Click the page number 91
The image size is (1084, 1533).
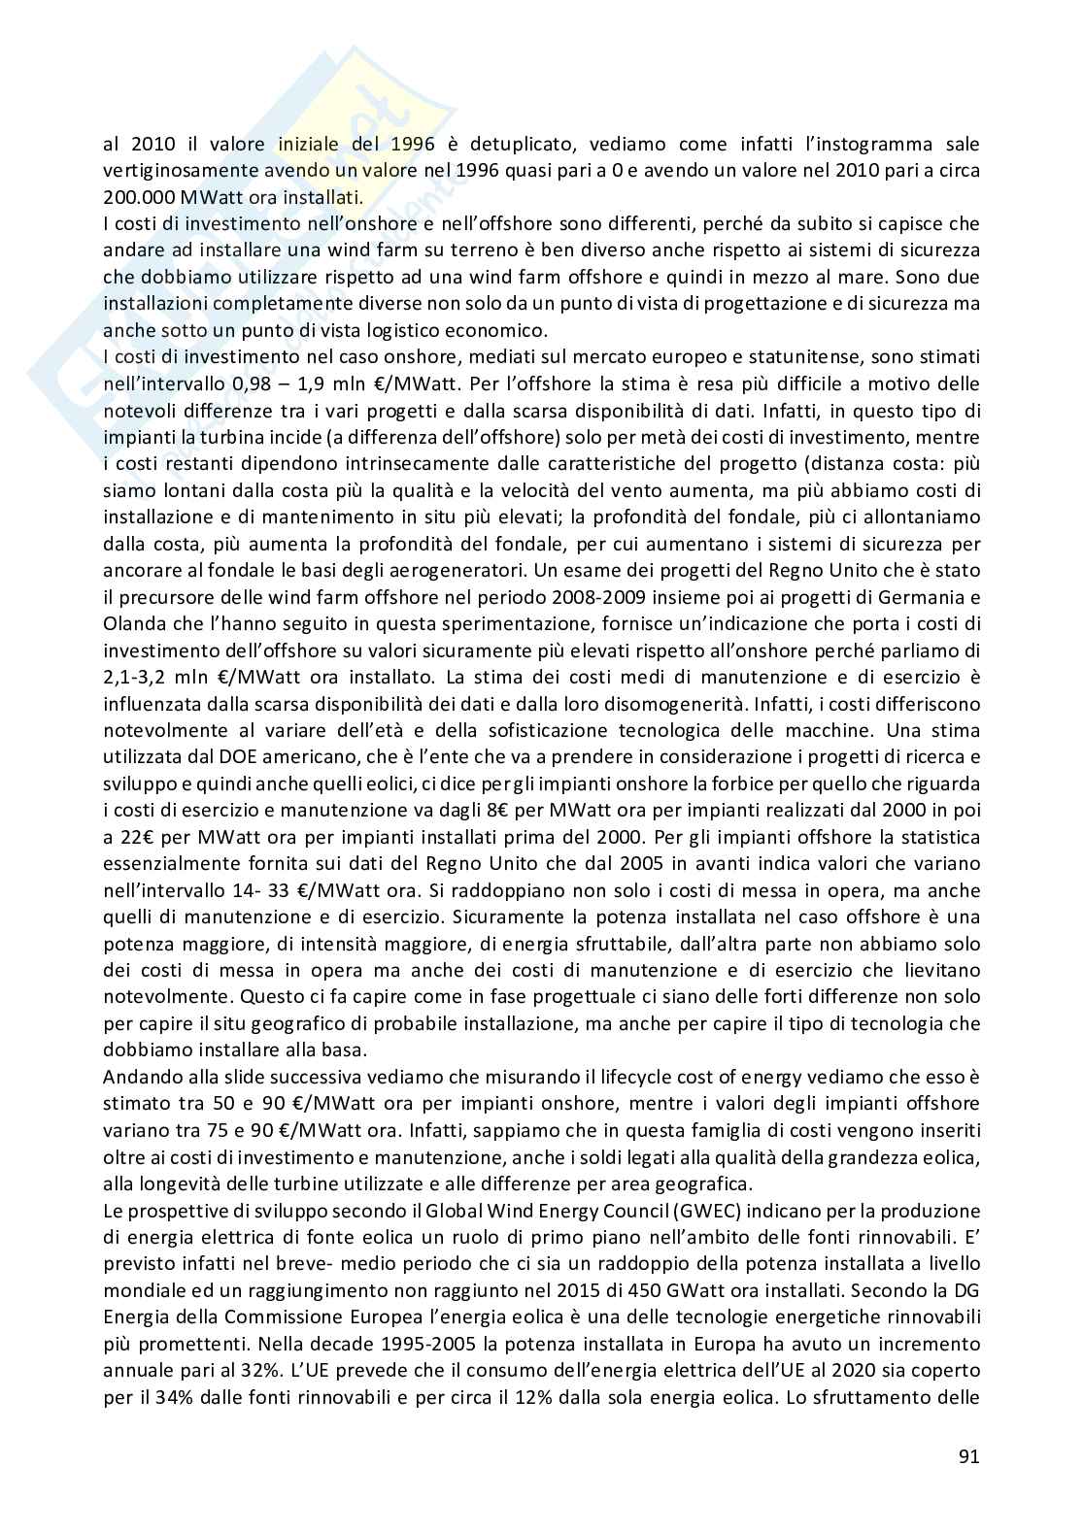point(968,1455)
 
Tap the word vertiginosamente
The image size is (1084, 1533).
point(183,172)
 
